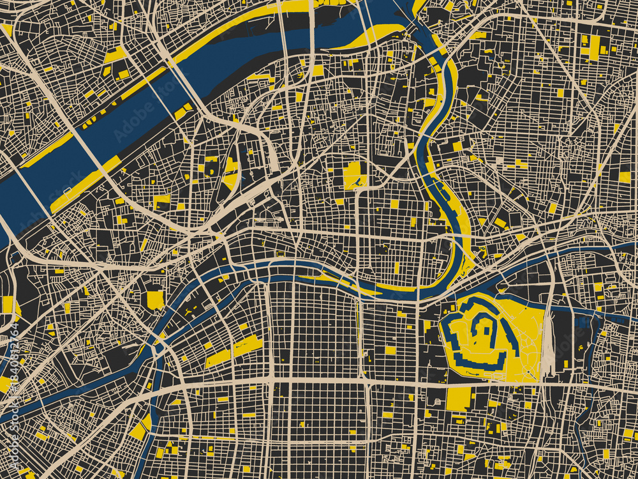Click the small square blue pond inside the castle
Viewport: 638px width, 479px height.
coord(484,331)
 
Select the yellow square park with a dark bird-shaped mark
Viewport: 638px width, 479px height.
coord(355,175)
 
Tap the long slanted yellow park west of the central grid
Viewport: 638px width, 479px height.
coord(234,351)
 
